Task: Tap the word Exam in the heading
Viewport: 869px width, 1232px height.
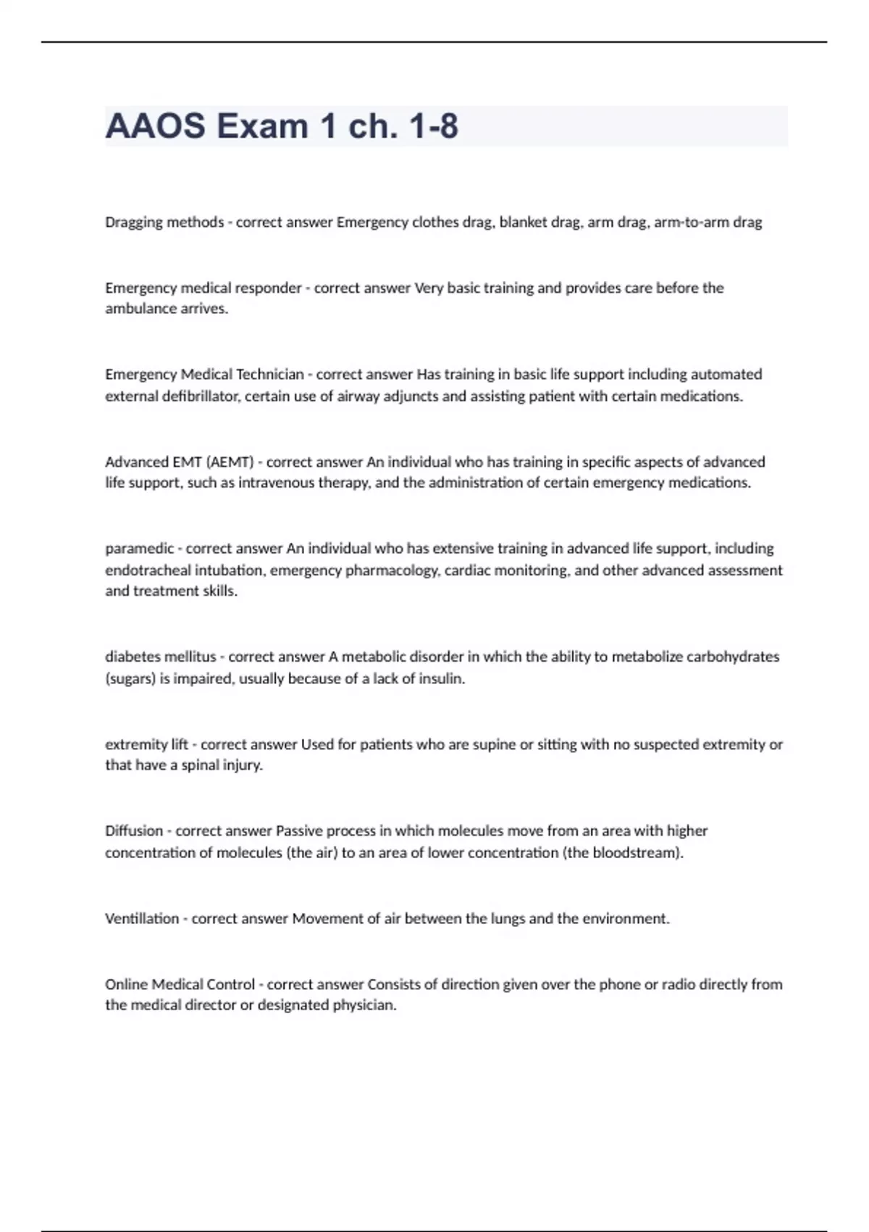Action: coord(262,127)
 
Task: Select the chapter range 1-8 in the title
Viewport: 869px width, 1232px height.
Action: coord(433,127)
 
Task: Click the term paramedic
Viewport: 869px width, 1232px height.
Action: coord(139,549)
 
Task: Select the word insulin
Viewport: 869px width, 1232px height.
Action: coord(441,679)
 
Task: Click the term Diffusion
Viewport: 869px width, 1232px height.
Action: coord(134,831)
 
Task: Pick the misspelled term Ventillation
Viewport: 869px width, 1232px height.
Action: coord(142,919)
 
